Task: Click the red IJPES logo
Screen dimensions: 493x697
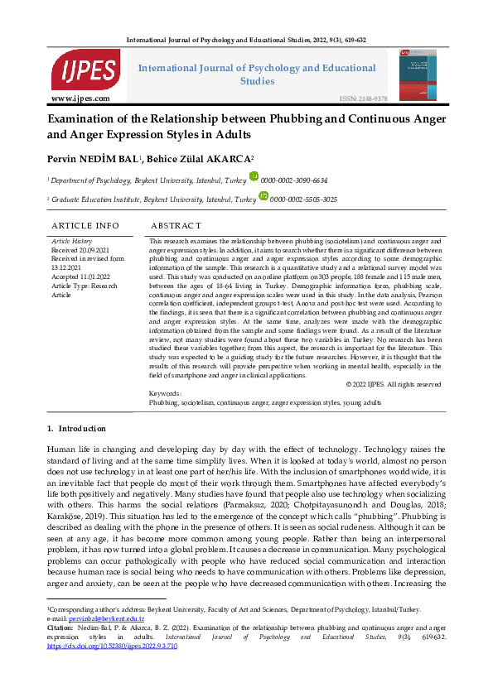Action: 85,70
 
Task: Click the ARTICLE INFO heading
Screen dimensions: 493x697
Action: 85,225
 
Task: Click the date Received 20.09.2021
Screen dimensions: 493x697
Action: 81,249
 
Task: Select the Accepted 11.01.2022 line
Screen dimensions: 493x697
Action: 81,276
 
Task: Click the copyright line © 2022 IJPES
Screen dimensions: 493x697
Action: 393,384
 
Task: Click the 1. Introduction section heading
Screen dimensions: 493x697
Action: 77,428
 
